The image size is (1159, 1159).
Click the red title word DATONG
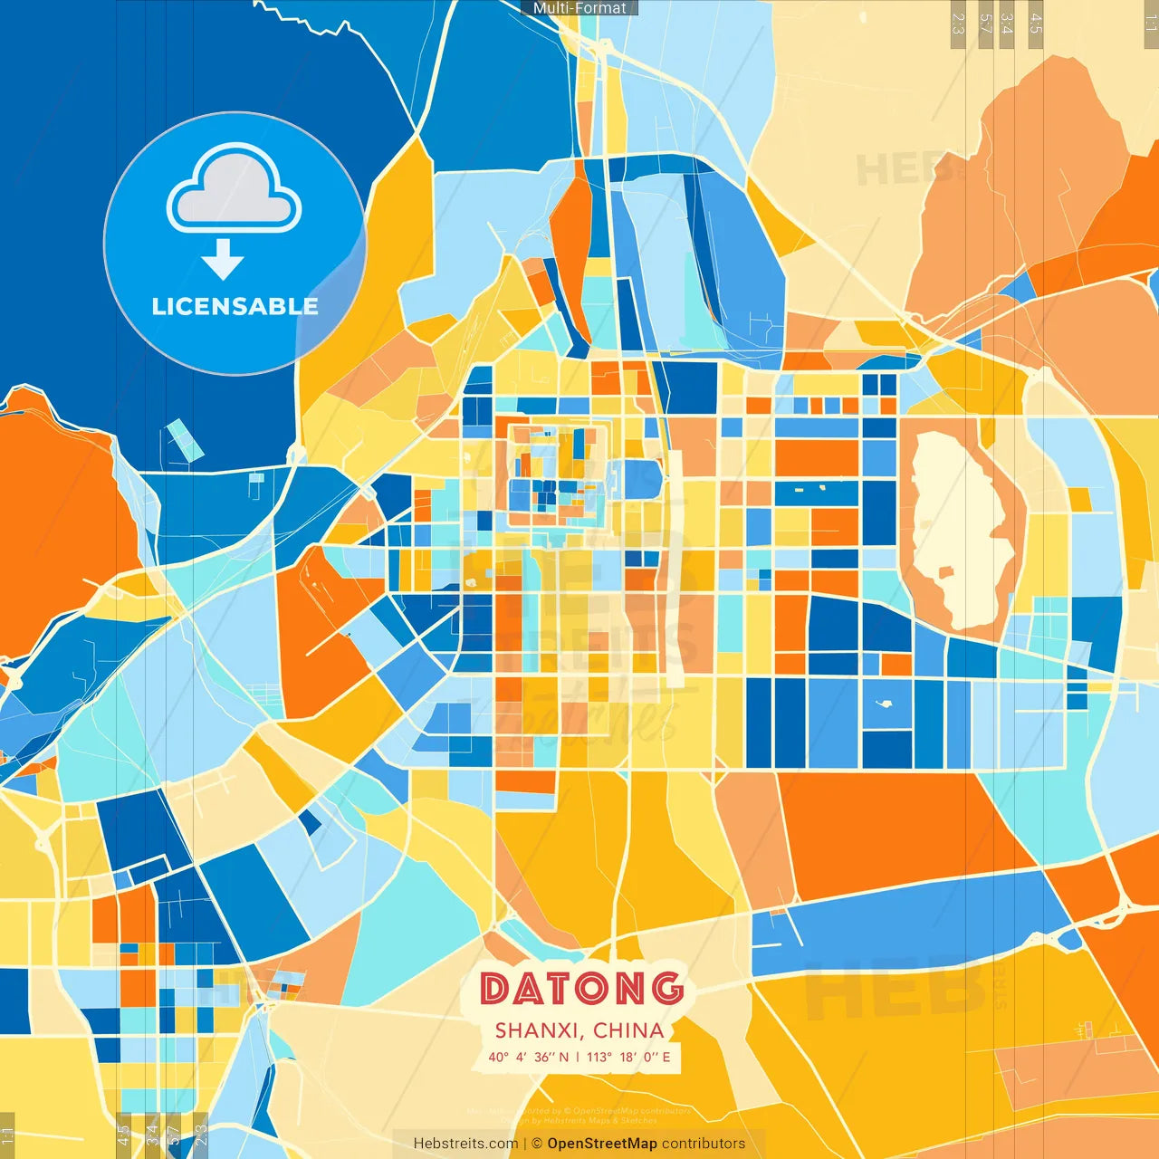581,988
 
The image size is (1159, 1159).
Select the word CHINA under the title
628,1030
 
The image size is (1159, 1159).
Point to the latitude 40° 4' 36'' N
528,1057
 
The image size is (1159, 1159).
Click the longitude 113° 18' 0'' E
628,1057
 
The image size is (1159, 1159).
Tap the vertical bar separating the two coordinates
578,1057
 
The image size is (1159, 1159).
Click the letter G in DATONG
667,988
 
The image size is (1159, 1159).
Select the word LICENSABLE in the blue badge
235,306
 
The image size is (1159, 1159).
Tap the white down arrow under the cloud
223,260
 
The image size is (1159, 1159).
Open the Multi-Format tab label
579,8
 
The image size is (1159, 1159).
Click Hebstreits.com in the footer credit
465,1144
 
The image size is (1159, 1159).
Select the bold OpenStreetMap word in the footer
602,1144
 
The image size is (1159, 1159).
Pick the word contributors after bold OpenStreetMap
704,1144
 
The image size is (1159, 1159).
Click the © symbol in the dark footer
537,1144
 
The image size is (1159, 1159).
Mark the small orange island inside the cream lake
945,572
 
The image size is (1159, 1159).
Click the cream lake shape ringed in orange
960,525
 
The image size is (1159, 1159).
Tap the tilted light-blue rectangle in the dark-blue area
185,438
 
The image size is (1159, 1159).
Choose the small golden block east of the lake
1079,499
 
